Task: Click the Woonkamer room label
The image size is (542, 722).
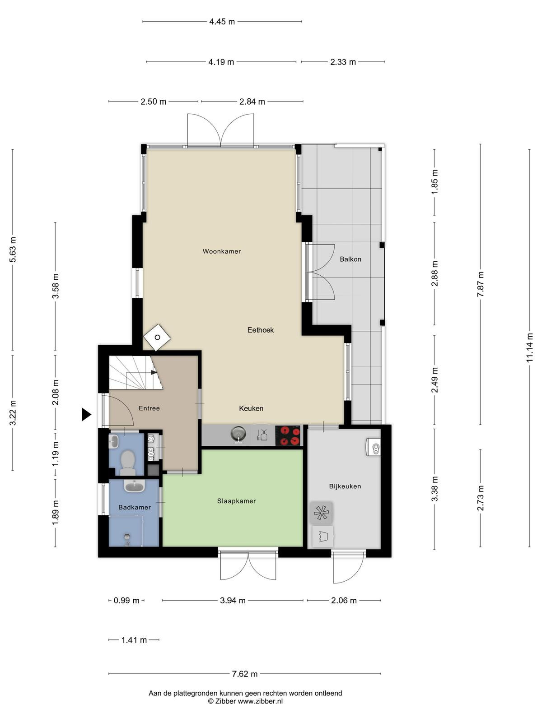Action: coord(221,252)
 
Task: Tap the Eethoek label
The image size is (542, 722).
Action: coord(260,330)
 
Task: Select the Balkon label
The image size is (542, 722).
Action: coord(350,259)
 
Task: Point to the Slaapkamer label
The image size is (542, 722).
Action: coord(236,501)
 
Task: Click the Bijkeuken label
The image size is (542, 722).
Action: coord(345,486)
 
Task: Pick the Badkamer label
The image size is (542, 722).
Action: coord(135,507)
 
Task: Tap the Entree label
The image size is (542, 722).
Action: coord(149,408)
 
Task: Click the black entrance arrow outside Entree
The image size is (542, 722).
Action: coord(86,414)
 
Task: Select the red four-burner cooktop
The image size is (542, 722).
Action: coord(288,435)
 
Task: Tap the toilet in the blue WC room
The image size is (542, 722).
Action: coord(128,462)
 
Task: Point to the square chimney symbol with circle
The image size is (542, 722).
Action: coord(157,338)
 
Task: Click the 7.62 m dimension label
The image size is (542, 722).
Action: coord(244,674)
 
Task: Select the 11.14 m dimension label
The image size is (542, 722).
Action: coord(529,348)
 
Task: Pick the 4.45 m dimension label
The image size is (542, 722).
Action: coord(222,22)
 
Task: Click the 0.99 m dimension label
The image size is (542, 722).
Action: coord(126,601)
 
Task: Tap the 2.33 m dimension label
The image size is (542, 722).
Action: coord(343,62)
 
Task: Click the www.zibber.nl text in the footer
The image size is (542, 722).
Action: coord(260,701)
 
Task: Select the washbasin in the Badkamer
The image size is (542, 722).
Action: coord(134,486)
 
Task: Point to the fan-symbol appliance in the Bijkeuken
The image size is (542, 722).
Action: coord(321,513)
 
